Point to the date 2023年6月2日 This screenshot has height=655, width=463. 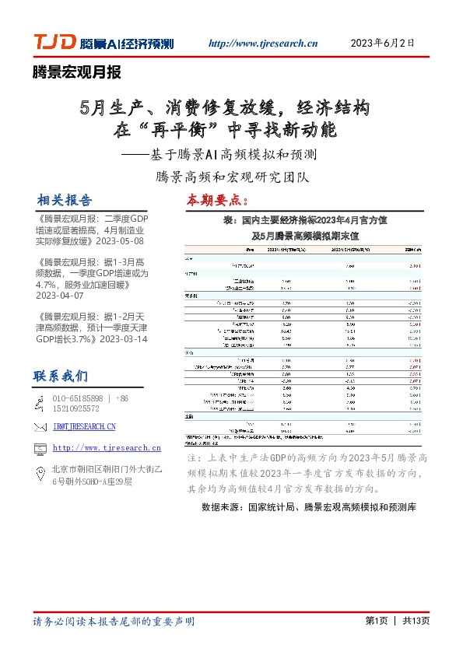tap(382, 43)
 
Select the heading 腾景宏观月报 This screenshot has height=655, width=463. tap(76, 73)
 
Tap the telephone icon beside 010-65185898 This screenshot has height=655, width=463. tap(41, 403)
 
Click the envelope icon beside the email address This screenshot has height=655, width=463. tap(41, 427)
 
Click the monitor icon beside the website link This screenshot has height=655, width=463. tap(41, 448)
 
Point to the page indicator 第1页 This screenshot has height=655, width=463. tap(376, 621)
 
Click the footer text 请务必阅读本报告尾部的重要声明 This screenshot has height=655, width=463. tap(114, 622)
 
